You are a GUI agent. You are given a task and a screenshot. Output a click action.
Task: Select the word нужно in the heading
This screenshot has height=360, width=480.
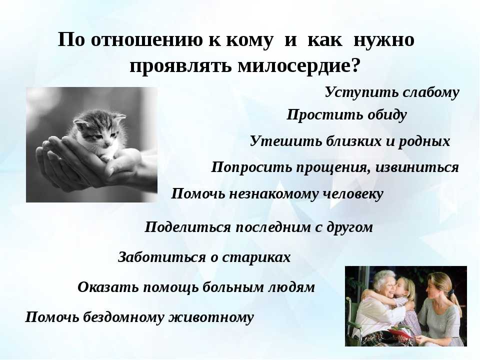384,40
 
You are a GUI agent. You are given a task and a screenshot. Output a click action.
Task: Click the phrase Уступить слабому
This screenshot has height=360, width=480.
392,92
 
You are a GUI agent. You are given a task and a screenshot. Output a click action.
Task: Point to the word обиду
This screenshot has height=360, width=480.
387,115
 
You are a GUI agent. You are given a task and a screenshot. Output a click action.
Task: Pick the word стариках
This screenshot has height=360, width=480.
256,257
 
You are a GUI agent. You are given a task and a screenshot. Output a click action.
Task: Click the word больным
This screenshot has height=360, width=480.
234,287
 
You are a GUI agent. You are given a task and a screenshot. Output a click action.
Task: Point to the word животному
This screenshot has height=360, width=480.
211,317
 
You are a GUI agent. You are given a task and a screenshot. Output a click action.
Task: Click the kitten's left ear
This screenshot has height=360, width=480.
81,122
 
